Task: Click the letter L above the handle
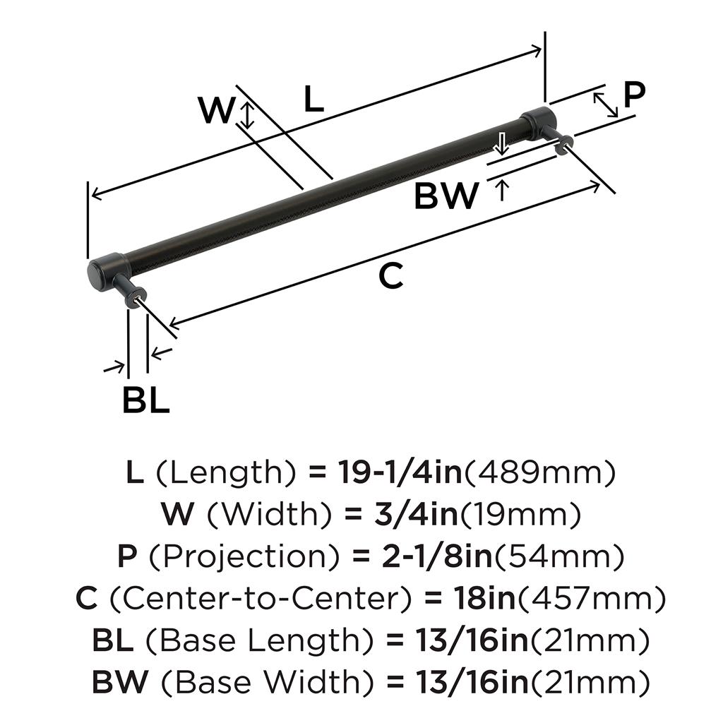313,100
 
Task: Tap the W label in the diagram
215,111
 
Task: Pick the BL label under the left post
145,401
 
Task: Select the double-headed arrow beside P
606,104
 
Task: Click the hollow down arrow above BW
501,143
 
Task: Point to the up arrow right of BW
501,190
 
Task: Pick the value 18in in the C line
474,599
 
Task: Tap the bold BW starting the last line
120,683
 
